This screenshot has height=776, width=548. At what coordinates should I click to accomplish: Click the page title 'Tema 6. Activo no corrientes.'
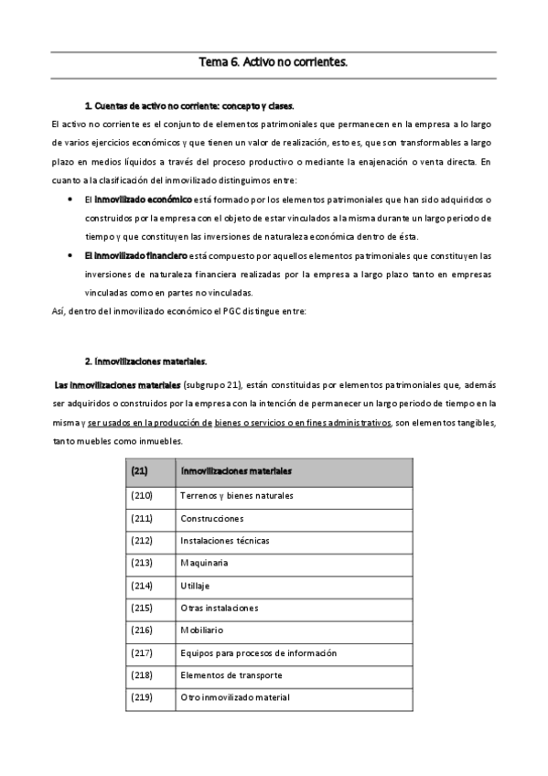(274, 63)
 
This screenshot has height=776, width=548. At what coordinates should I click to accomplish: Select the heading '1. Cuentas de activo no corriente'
(188, 106)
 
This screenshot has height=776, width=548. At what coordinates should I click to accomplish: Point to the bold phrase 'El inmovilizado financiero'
(135, 255)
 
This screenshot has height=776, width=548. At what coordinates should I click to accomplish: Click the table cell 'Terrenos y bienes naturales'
(237, 495)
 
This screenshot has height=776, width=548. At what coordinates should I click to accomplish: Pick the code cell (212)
(141, 540)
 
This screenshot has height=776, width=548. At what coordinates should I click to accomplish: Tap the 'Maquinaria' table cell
(205, 563)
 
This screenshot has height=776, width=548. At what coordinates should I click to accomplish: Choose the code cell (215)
(141, 608)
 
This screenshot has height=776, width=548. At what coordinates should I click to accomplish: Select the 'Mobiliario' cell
(202, 630)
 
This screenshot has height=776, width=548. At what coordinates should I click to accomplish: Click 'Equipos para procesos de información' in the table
(259, 652)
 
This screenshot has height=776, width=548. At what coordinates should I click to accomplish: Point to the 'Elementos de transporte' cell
(231, 674)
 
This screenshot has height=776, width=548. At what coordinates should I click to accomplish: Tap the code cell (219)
(141, 697)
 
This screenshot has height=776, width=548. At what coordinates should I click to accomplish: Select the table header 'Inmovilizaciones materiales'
(237, 471)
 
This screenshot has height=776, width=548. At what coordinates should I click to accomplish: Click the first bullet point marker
(71, 199)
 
